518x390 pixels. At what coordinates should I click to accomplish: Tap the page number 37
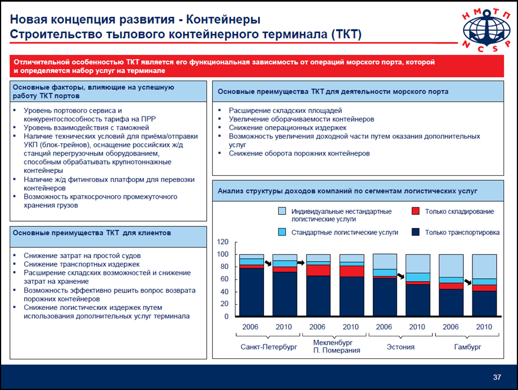[497, 377]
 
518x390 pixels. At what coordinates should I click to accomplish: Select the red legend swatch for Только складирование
[415, 211]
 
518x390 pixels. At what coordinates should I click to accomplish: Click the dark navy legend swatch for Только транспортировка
[415, 232]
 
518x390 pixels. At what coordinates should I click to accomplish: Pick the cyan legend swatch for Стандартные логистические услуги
[282, 232]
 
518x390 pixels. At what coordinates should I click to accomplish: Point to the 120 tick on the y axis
[222, 242]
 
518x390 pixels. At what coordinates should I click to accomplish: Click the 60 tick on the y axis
[224, 279]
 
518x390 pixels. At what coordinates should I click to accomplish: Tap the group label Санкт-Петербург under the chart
[269, 347]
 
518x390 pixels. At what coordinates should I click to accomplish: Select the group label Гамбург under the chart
[467, 347]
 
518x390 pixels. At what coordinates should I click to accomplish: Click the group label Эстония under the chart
[400, 347]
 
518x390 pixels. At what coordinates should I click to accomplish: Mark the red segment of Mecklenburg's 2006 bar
[318, 270]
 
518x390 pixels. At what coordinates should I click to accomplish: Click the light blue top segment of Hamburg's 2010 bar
[485, 267]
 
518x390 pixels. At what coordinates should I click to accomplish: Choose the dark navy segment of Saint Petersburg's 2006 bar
[251, 292]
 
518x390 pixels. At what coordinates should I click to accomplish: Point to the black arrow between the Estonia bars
[400, 276]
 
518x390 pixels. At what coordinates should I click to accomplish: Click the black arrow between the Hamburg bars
[468, 282]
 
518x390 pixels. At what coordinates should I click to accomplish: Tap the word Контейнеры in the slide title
[224, 20]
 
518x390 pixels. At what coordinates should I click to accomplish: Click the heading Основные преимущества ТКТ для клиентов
[92, 233]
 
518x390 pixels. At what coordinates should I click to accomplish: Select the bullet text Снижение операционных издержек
[288, 128]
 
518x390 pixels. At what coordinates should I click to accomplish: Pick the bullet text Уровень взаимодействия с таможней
[86, 128]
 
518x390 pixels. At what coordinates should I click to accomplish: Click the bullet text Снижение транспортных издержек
[82, 264]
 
